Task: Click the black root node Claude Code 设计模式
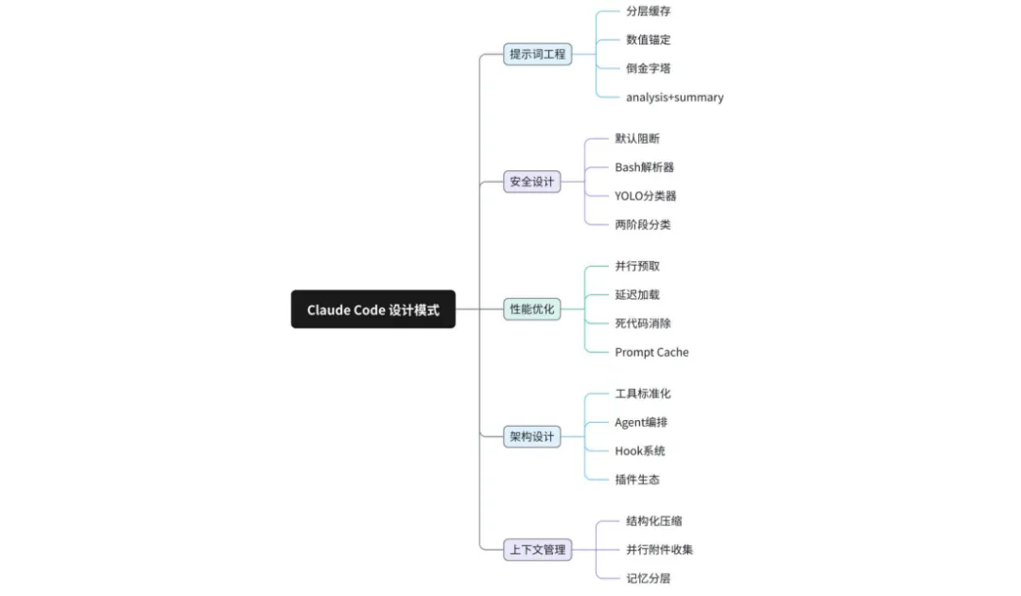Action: pos(372,309)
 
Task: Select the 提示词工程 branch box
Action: pos(537,54)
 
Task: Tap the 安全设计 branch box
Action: pos(531,182)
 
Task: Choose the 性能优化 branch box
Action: pos(531,309)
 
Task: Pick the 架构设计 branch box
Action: pos(531,437)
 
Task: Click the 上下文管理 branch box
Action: pos(537,550)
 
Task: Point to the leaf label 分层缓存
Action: pos(649,11)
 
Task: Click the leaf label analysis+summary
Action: pos(674,97)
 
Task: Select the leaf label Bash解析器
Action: pos(644,167)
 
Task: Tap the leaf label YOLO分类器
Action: pos(645,196)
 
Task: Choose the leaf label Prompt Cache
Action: pos(651,352)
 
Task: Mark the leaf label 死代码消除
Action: pos(643,324)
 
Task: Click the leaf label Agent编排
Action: pos(641,422)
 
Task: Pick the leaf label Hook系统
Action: pos(640,451)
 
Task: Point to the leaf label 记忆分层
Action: pos(649,578)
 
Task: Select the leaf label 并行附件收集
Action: pos(659,550)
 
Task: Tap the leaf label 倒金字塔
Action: pos(649,68)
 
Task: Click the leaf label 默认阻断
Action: pos(637,139)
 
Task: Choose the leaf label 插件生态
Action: pos(637,480)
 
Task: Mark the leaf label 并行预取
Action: pos(637,267)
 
